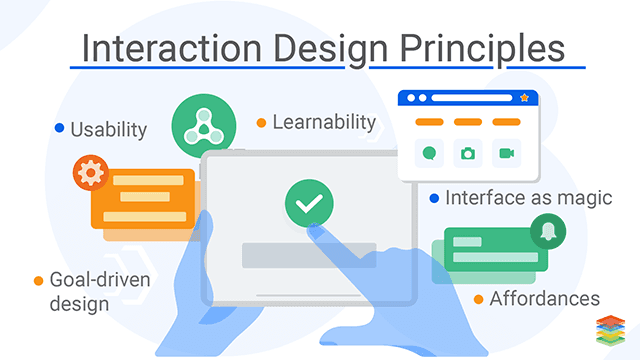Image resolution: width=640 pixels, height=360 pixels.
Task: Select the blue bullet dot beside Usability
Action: click(60, 128)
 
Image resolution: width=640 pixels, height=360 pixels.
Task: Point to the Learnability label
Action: click(323, 122)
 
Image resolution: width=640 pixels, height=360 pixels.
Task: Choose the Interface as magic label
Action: click(528, 198)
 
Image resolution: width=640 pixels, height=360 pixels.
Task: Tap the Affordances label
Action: click(545, 298)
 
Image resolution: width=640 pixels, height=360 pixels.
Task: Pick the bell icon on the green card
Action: click(549, 230)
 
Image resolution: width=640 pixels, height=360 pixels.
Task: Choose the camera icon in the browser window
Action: click(467, 153)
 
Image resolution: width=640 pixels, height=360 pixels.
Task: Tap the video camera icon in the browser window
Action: click(506, 153)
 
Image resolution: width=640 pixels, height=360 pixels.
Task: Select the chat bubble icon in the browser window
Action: click(429, 153)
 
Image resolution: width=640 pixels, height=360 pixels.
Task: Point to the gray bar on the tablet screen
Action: click(309, 254)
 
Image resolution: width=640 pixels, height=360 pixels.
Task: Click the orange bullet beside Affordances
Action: click(479, 299)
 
